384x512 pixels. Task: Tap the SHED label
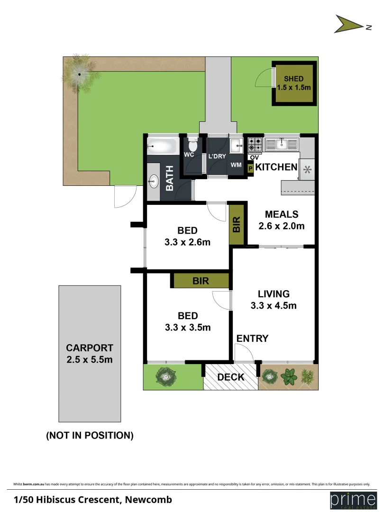click(x=293, y=79)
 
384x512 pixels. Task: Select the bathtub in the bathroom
click(x=162, y=145)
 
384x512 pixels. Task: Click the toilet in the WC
click(x=192, y=144)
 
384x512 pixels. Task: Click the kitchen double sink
click(x=282, y=143)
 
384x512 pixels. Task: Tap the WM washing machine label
click(x=236, y=165)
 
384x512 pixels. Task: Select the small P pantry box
click(x=250, y=167)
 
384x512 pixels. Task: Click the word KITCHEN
click(x=276, y=167)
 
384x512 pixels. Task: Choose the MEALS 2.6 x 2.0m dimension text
click(x=282, y=226)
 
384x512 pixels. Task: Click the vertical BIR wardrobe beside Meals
click(x=237, y=224)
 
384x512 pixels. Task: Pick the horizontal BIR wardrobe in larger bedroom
click(x=201, y=281)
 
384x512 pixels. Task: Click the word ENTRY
click(x=252, y=338)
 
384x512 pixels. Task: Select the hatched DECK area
click(x=230, y=377)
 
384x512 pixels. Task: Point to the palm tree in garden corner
click(x=79, y=73)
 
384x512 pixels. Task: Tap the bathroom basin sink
click(x=153, y=181)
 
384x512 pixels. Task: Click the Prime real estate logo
click(x=350, y=500)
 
